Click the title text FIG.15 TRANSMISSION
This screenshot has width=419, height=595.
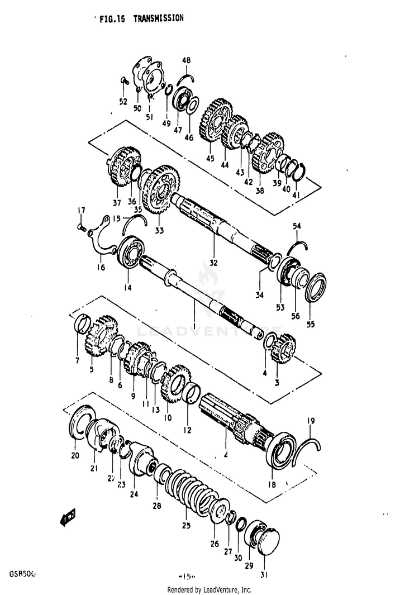tap(141, 18)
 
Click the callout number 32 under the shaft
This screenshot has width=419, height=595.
tap(214, 262)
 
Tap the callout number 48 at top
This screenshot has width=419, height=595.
tap(186, 60)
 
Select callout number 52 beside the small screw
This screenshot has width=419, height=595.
tap(123, 102)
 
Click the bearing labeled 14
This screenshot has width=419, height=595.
tap(132, 256)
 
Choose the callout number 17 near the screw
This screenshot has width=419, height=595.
tap(82, 210)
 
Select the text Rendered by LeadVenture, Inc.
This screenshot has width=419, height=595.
tap(209, 589)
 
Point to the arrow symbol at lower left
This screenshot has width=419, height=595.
tap(68, 517)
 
